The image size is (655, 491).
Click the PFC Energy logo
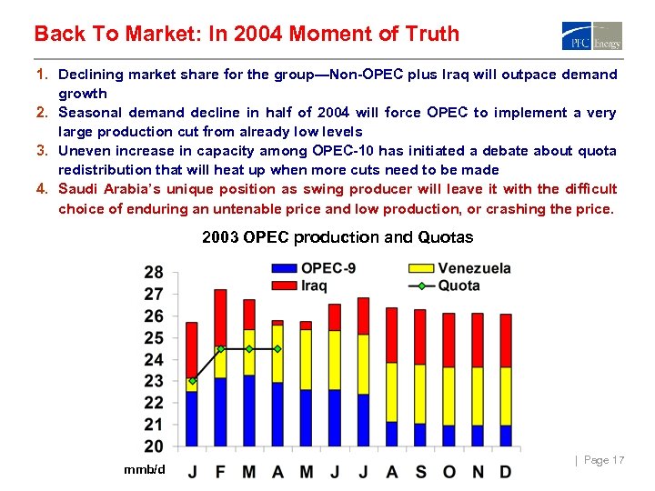coord(592,35)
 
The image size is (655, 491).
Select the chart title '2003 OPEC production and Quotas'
coord(338,237)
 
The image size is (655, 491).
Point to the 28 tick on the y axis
coord(154,273)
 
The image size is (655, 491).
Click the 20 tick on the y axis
coord(154,446)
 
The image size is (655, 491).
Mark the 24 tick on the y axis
coord(154,360)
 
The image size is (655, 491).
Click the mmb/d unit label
coord(145,469)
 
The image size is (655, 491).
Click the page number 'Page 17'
coord(603,460)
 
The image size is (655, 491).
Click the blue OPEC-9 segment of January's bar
coord(192,418)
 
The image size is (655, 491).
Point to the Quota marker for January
coord(192,380)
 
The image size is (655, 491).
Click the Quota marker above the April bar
coord(277,348)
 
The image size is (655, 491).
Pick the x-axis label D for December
coord(506,472)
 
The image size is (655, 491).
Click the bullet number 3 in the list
coord(41,151)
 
